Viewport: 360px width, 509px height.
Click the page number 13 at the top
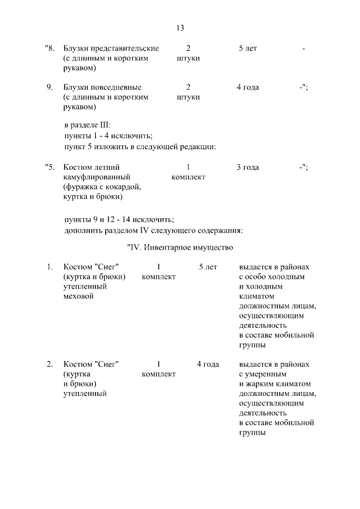click(x=180, y=28)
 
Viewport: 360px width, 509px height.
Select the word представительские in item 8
click(x=128, y=49)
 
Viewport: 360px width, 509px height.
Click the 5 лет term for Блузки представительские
click(x=247, y=49)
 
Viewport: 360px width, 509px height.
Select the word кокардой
click(x=119, y=187)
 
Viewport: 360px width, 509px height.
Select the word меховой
click(x=79, y=296)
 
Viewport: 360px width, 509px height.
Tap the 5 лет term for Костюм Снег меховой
click(x=208, y=267)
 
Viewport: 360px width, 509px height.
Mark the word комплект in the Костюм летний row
click(x=188, y=177)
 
